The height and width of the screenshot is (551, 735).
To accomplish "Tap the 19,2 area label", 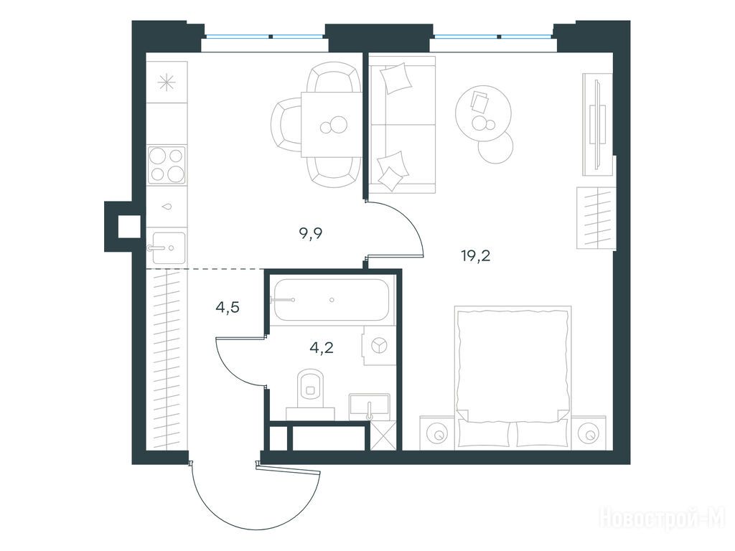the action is (x=475, y=256).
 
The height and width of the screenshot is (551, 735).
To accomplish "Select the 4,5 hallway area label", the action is (x=228, y=307).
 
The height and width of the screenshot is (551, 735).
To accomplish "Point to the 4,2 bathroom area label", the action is (x=322, y=347).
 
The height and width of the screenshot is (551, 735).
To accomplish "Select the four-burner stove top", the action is (x=167, y=165).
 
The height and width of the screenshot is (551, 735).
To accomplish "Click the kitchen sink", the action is (x=166, y=248).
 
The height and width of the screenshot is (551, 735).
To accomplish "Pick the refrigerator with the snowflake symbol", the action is (x=167, y=83).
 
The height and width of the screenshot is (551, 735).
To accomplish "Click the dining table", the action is (x=332, y=125).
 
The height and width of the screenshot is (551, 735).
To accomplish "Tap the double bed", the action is (x=512, y=377).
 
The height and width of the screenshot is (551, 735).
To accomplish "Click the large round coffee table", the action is (x=483, y=113).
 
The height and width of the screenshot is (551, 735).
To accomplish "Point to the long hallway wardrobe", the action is (x=167, y=360).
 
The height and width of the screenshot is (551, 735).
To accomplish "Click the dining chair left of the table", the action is (x=286, y=127).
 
